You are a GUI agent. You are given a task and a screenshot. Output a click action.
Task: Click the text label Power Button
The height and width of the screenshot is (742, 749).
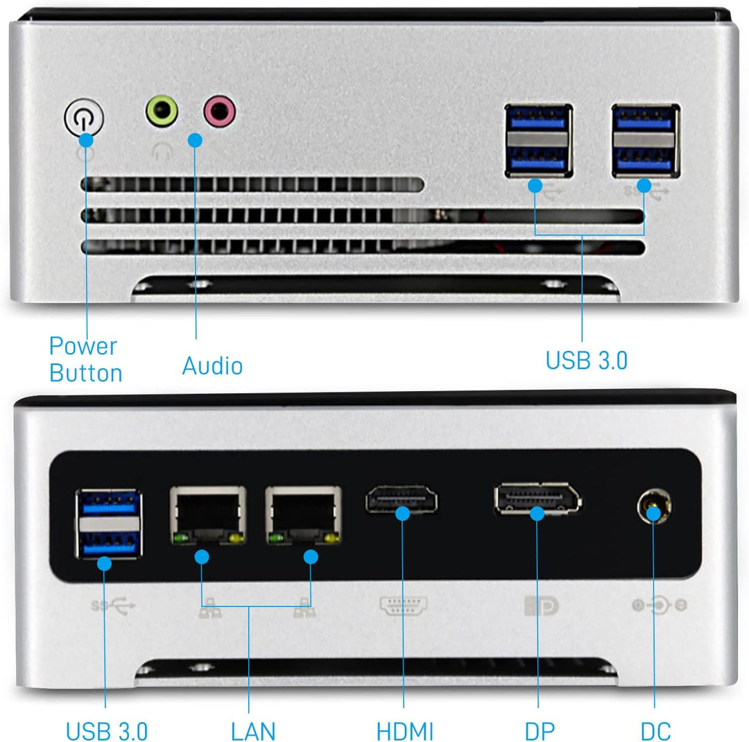[85, 359]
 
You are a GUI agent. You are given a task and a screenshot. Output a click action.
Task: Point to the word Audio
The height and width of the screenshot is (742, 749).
[212, 365]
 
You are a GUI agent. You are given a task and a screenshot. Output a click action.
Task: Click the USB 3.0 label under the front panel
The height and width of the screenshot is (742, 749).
[586, 361]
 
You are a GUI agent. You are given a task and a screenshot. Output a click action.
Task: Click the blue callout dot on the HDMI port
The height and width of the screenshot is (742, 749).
[402, 513]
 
